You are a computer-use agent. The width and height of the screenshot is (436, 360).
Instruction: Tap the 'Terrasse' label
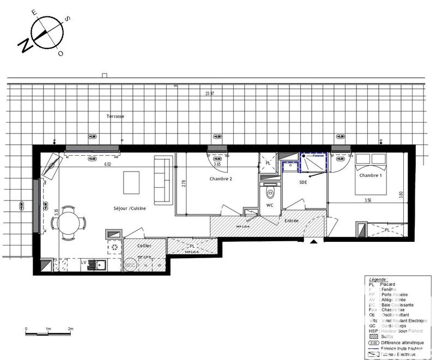pyautogui.click(x=116, y=117)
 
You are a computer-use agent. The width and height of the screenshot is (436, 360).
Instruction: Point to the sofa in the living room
pyautogui.click(x=161, y=179)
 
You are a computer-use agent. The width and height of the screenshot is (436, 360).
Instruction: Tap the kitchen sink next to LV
pyautogui.click(x=100, y=266)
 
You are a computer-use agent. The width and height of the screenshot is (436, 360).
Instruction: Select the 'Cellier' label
pyautogui.click(x=144, y=246)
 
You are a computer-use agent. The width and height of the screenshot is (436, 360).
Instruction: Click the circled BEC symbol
pyautogui.click(x=129, y=265)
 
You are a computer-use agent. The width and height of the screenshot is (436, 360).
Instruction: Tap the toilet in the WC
pyautogui.click(x=269, y=192)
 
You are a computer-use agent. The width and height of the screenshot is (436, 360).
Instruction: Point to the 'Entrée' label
pyautogui.click(x=291, y=220)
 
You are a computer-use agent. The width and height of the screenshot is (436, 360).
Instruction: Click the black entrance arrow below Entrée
pyautogui.click(x=313, y=241)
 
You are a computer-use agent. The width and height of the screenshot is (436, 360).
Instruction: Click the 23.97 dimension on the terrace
pyautogui.click(x=209, y=94)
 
